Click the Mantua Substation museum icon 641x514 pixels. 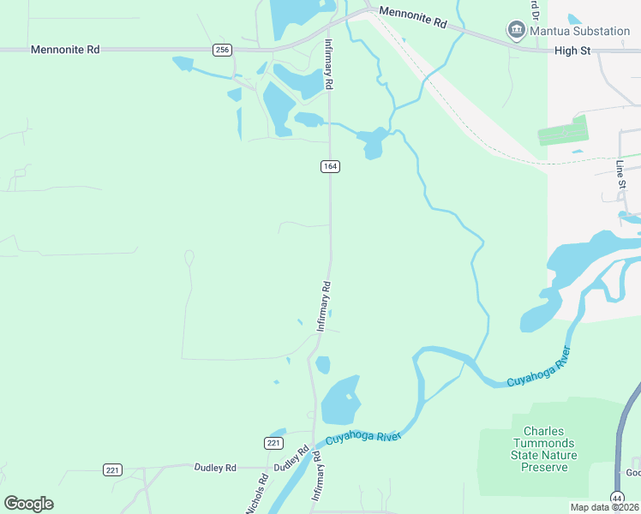517,32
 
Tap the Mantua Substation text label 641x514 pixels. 578,32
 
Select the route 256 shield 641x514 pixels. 223,50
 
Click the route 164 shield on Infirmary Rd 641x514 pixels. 330,165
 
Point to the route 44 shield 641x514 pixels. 617,498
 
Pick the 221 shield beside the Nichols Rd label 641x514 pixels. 273,442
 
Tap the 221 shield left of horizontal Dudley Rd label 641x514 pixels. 112,469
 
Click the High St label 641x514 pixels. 572,51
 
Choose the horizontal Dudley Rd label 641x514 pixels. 215,468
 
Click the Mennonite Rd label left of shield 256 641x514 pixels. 65,50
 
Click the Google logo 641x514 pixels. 28,504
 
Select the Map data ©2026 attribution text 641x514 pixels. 604,507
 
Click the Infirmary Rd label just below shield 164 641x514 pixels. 324,306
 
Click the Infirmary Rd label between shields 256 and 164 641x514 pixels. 328,65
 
